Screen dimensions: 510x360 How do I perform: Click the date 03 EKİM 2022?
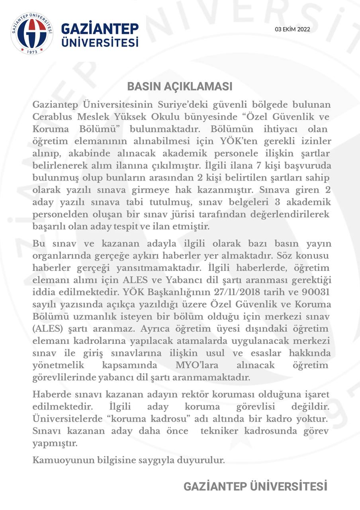[292, 29]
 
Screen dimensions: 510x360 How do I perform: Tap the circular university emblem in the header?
[32, 33]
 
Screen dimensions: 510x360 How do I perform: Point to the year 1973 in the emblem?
[32, 52]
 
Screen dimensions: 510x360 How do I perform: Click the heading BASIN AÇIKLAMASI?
[180, 86]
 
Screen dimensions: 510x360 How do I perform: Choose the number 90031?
[316, 292]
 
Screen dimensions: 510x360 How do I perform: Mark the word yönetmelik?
[57, 365]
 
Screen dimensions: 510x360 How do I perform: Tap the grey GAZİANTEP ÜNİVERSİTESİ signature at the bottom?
[255, 486]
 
